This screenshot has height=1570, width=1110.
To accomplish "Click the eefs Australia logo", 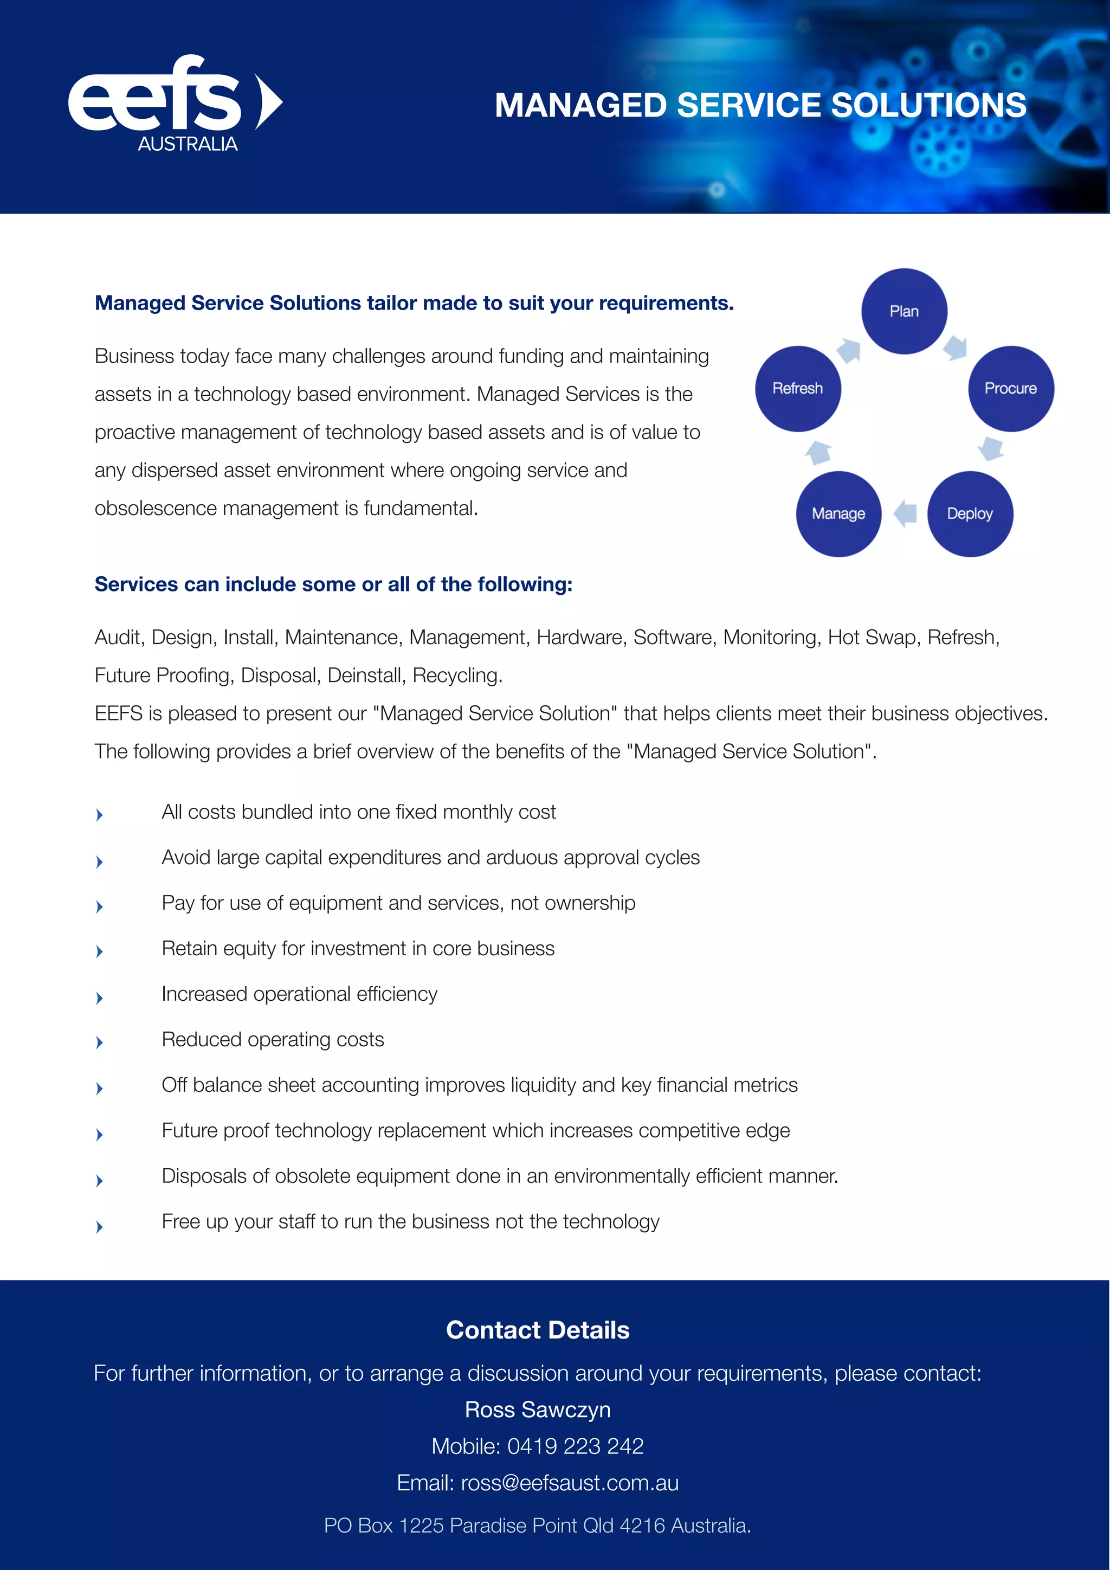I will coord(175,102).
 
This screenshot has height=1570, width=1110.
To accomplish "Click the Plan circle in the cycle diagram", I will coord(904,311).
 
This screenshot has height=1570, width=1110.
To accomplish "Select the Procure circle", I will coord(1010,388).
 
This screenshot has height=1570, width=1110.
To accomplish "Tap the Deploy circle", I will coord(969,513).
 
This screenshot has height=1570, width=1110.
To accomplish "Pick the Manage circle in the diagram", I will coord(838,513).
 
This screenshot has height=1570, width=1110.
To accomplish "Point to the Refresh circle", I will coord(798,388).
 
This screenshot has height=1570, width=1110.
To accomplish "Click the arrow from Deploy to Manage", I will coord(905,513).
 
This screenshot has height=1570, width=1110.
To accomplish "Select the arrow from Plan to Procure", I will coord(956,348).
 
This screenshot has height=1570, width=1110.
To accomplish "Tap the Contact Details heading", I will coord(537,1330).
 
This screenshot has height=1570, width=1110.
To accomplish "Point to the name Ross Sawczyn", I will coord(537,1410).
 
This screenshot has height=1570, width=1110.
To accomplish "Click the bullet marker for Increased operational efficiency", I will coord(100,998).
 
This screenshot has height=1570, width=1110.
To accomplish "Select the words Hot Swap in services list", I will coord(872,638).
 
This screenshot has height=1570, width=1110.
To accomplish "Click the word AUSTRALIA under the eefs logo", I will coord(188,144).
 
